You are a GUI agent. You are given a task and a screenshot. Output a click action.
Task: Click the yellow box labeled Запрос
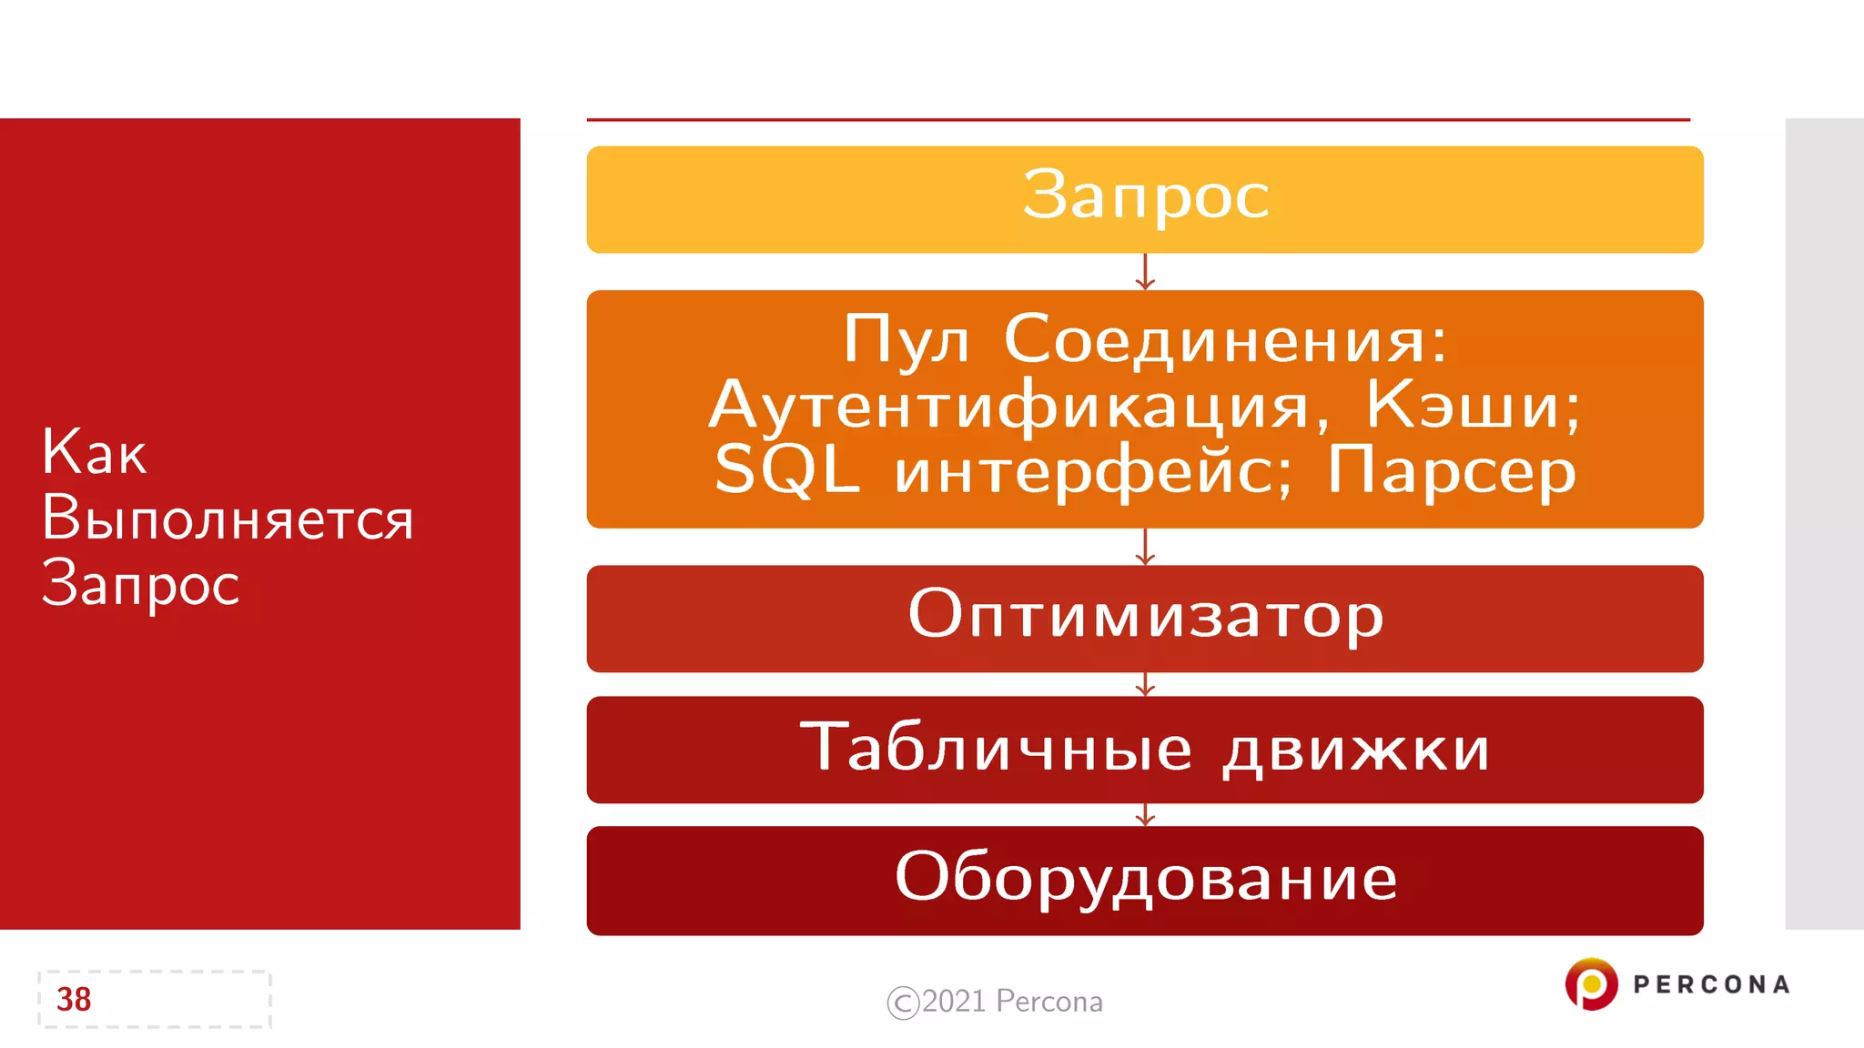[1145, 199]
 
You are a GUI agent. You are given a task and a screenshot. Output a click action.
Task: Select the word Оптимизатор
[1145, 615]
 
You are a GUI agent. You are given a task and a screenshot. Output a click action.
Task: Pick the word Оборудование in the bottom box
[1145, 878]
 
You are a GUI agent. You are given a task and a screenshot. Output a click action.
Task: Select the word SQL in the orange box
[786, 471]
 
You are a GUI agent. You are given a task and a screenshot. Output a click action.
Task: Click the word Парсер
[1451, 471]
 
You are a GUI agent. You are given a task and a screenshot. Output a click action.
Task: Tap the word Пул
[906, 340]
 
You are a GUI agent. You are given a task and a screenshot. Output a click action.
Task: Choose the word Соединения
[1225, 340]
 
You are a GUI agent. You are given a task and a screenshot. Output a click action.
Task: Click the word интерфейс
[1092, 471]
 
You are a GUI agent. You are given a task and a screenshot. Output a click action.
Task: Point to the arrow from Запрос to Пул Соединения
[1145, 272]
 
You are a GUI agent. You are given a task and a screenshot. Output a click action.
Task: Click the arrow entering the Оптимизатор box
[1145, 548]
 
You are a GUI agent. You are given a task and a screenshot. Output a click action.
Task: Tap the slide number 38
[74, 999]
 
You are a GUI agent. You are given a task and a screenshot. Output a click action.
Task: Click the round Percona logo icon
[1591, 983]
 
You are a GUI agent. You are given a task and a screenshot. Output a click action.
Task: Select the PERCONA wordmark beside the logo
[1711, 984]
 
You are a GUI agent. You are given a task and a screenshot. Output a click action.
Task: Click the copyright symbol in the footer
[903, 1003]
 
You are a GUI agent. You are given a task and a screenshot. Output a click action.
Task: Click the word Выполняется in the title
[228, 519]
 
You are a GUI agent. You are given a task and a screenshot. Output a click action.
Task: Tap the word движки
[1355, 751]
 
